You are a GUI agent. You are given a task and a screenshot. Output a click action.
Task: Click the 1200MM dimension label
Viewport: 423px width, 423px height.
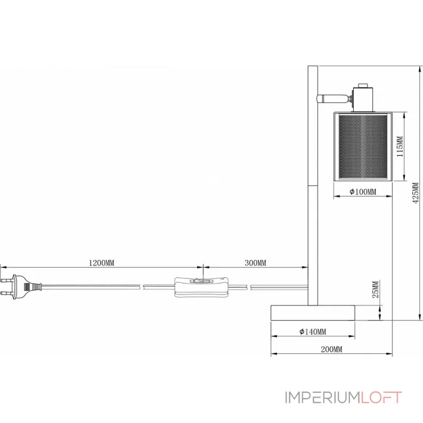(x=102, y=262)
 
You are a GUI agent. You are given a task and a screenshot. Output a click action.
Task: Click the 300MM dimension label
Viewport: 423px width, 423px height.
(x=255, y=262)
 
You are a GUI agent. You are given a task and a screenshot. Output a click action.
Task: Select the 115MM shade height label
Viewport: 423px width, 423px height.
(x=400, y=146)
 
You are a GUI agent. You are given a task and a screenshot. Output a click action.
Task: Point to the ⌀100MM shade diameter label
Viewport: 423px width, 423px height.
(x=363, y=191)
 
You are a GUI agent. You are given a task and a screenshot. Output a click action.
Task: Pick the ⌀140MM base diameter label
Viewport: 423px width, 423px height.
(x=312, y=332)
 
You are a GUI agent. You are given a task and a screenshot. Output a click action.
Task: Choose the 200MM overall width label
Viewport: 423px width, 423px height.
(x=332, y=349)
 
